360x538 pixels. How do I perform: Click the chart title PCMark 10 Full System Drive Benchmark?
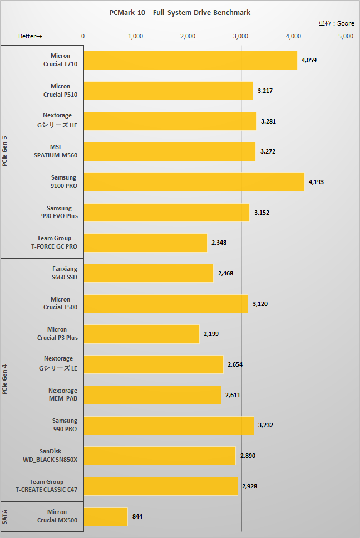(x=180, y=12)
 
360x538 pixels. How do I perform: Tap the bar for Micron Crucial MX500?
(x=106, y=516)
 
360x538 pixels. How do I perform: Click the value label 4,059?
(x=309, y=60)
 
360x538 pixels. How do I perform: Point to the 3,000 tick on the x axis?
(x=241, y=36)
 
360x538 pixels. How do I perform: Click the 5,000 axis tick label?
(x=346, y=36)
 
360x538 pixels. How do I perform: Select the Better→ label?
(x=31, y=36)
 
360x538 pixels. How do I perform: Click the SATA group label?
(x=5, y=516)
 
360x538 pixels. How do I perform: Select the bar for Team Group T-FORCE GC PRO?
(x=145, y=243)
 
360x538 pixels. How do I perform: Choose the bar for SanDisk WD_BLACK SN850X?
(x=160, y=456)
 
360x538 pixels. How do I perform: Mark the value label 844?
(x=137, y=516)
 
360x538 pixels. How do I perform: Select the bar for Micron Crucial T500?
(x=165, y=304)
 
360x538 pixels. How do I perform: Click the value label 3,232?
(x=266, y=425)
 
